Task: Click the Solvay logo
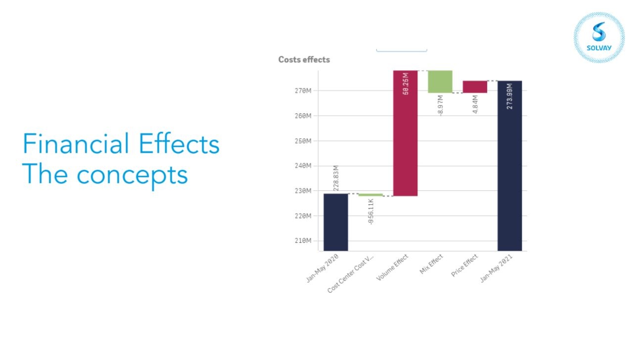(x=599, y=38)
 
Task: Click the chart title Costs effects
(x=304, y=60)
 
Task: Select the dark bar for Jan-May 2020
(x=336, y=222)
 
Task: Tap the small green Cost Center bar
(x=370, y=195)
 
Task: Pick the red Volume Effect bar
(x=406, y=133)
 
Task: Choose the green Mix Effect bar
(x=440, y=82)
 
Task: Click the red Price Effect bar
(x=475, y=87)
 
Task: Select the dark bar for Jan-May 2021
(x=510, y=166)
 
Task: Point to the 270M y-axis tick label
(x=303, y=90)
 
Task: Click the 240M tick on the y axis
(x=303, y=166)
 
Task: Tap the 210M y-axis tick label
(x=303, y=241)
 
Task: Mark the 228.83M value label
(x=336, y=178)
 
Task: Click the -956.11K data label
(x=370, y=212)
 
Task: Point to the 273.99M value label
(x=510, y=96)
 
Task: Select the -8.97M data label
(x=440, y=105)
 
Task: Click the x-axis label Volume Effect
(x=392, y=268)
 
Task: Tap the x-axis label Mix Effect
(x=431, y=264)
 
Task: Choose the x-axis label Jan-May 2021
(x=496, y=268)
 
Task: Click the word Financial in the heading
(x=76, y=143)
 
